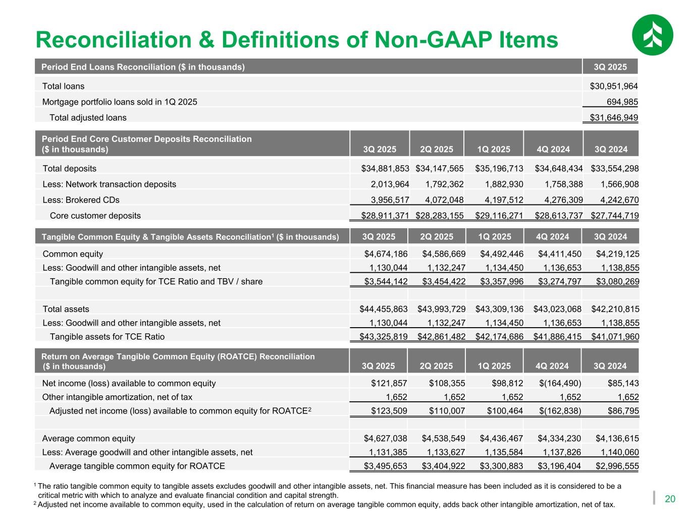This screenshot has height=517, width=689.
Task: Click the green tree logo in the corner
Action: (x=653, y=34)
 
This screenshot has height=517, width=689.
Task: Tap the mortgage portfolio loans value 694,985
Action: (x=622, y=102)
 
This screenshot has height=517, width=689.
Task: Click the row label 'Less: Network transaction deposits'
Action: (x=110, y=184)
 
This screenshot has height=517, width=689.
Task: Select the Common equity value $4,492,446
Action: (x=499, y=254)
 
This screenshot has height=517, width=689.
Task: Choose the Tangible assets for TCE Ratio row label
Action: (x=107, y=337)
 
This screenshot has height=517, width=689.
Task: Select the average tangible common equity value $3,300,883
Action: (x=499, y=466)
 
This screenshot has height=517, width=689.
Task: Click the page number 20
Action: (x=670, y=499)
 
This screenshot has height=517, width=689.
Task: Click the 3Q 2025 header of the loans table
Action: (x=610, y=67)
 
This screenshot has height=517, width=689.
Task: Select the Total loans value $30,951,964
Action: (x=614, y=86)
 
